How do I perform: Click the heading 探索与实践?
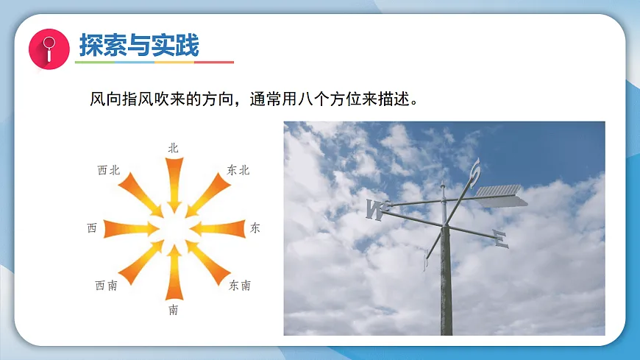[x=138, y=46]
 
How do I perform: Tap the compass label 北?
[x=174, y=148]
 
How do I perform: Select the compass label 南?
[x=174, y=310]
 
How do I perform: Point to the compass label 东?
[x=255, y=228]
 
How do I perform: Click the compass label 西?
[x=92, y=228]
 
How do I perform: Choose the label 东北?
[x=239, y=170]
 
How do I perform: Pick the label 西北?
[x=108, y=170]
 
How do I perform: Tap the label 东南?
[x=240, y=286]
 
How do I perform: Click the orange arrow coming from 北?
[x=174, y=180]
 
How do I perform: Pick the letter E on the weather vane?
[x=500, y=239]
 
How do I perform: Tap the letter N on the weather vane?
[x=375, y=210]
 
